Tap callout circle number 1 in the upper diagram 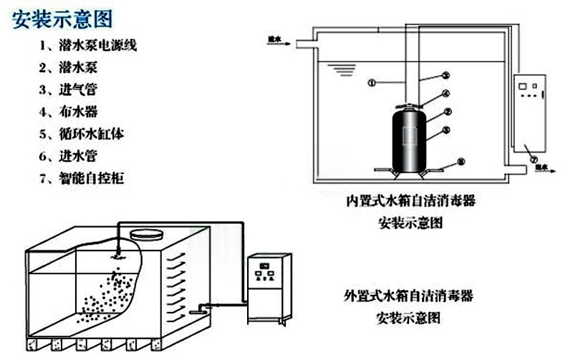tap(371, 82)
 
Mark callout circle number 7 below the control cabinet tap(532, 158)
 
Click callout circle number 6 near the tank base tap(460, 163)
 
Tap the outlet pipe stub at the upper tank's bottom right tap(516, 170)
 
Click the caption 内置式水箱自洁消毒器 tap(409, 201)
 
